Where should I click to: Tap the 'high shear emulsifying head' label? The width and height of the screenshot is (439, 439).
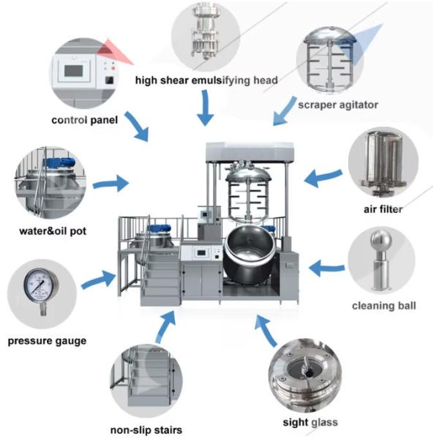206,80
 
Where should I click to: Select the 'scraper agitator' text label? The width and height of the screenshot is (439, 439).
338,105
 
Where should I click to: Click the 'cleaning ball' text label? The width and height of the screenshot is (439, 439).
384,305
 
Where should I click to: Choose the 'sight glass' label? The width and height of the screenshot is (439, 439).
310,422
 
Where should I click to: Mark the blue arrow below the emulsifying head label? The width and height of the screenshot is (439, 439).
206,110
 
